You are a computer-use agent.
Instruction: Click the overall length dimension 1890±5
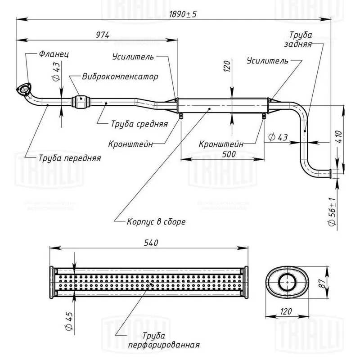pyautogui.click(x=183, y=14)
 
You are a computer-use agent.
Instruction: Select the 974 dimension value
pyautogui.click(x=103, y=35)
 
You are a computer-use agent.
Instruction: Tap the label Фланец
pyautogui.click(x=54, y=54)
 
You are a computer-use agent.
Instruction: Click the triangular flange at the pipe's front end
pyautogui.click(x=24, y=89)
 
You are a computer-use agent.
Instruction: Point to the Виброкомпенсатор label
pyautogui.click(x=120, y=76)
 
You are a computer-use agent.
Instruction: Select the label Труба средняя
pyautogui.click(x=139, y=124)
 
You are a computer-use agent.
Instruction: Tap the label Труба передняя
pyautogui.click(x=70, y=158)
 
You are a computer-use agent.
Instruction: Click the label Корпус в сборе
pyautogui.click(x=156, y=222)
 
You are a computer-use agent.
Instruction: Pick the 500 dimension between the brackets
pyautogui.click(x=229, y=154)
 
